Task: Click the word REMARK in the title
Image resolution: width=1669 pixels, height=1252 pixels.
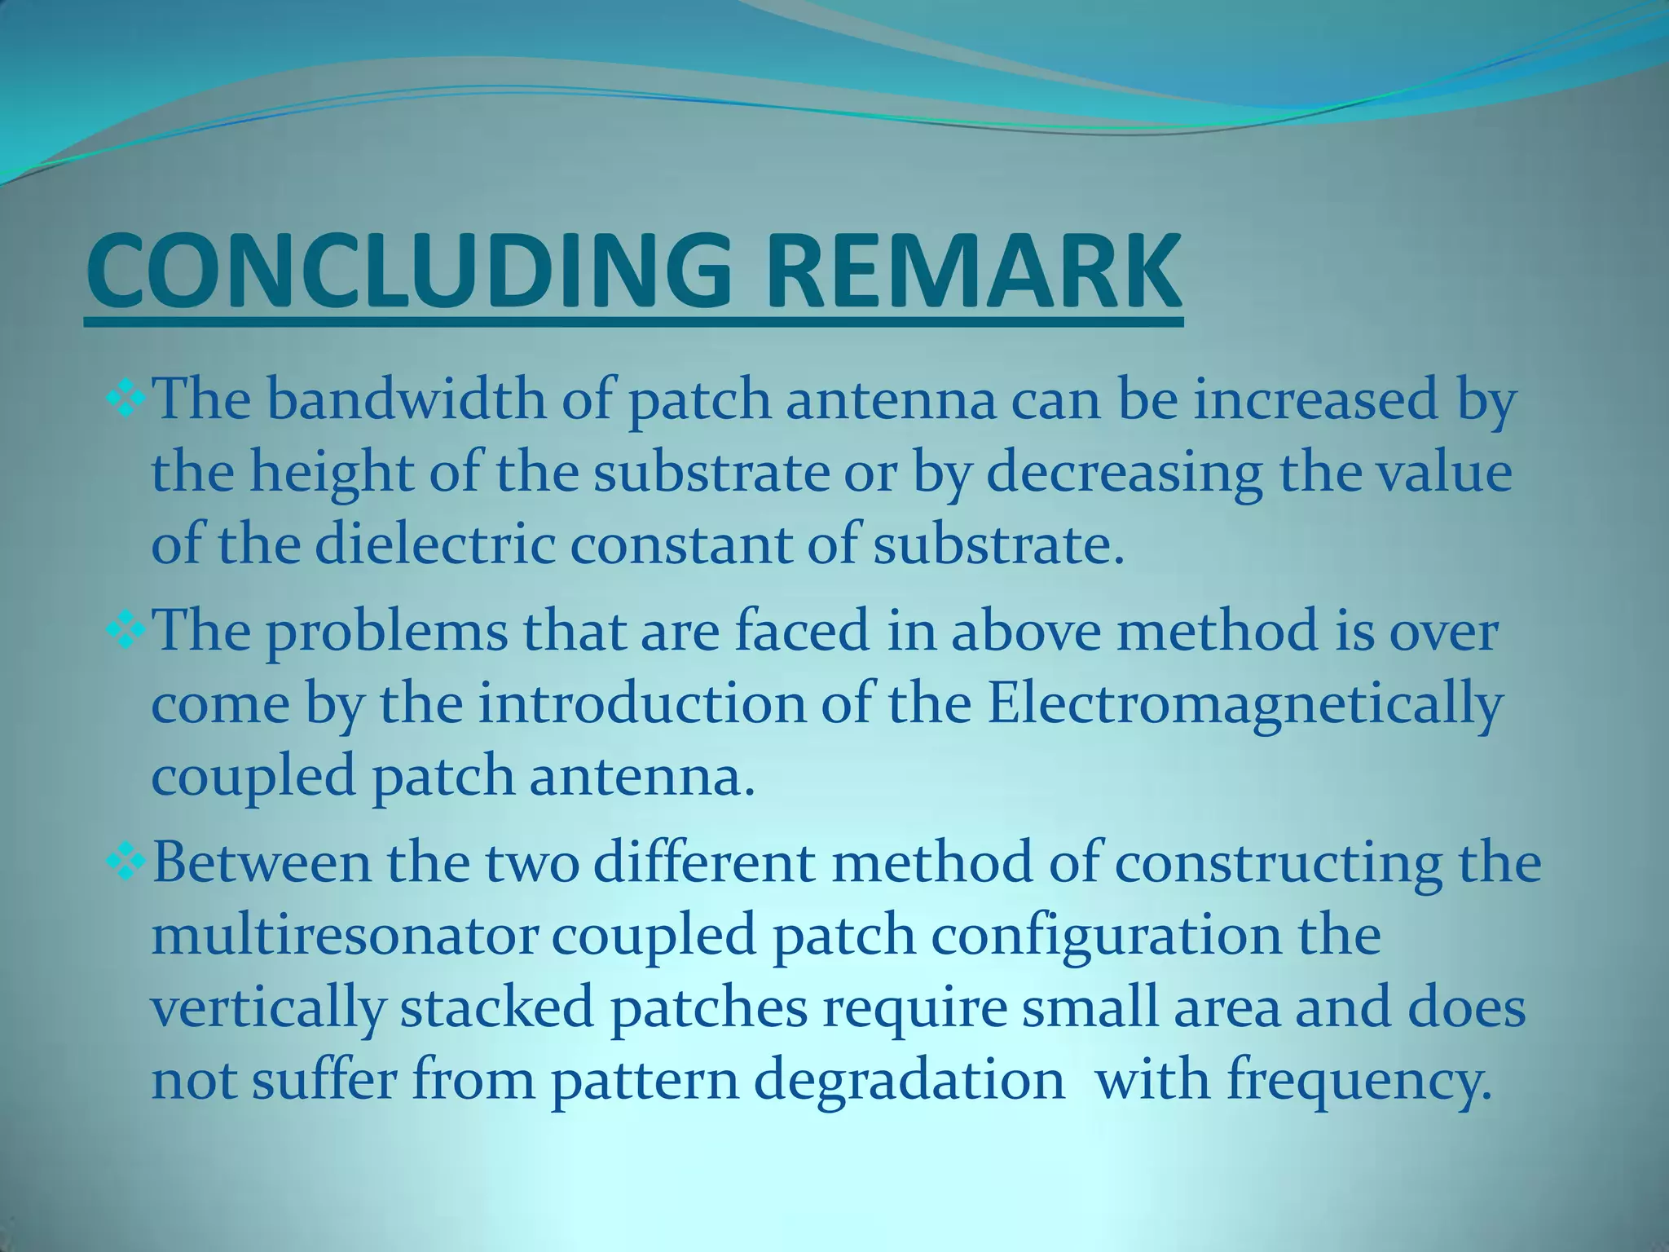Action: coord(972,271)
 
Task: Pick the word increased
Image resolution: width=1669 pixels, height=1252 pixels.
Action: coord(1315,401)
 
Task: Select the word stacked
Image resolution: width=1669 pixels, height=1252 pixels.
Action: coord(496,1007)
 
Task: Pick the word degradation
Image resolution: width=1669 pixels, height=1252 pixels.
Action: coord(909,1081)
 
